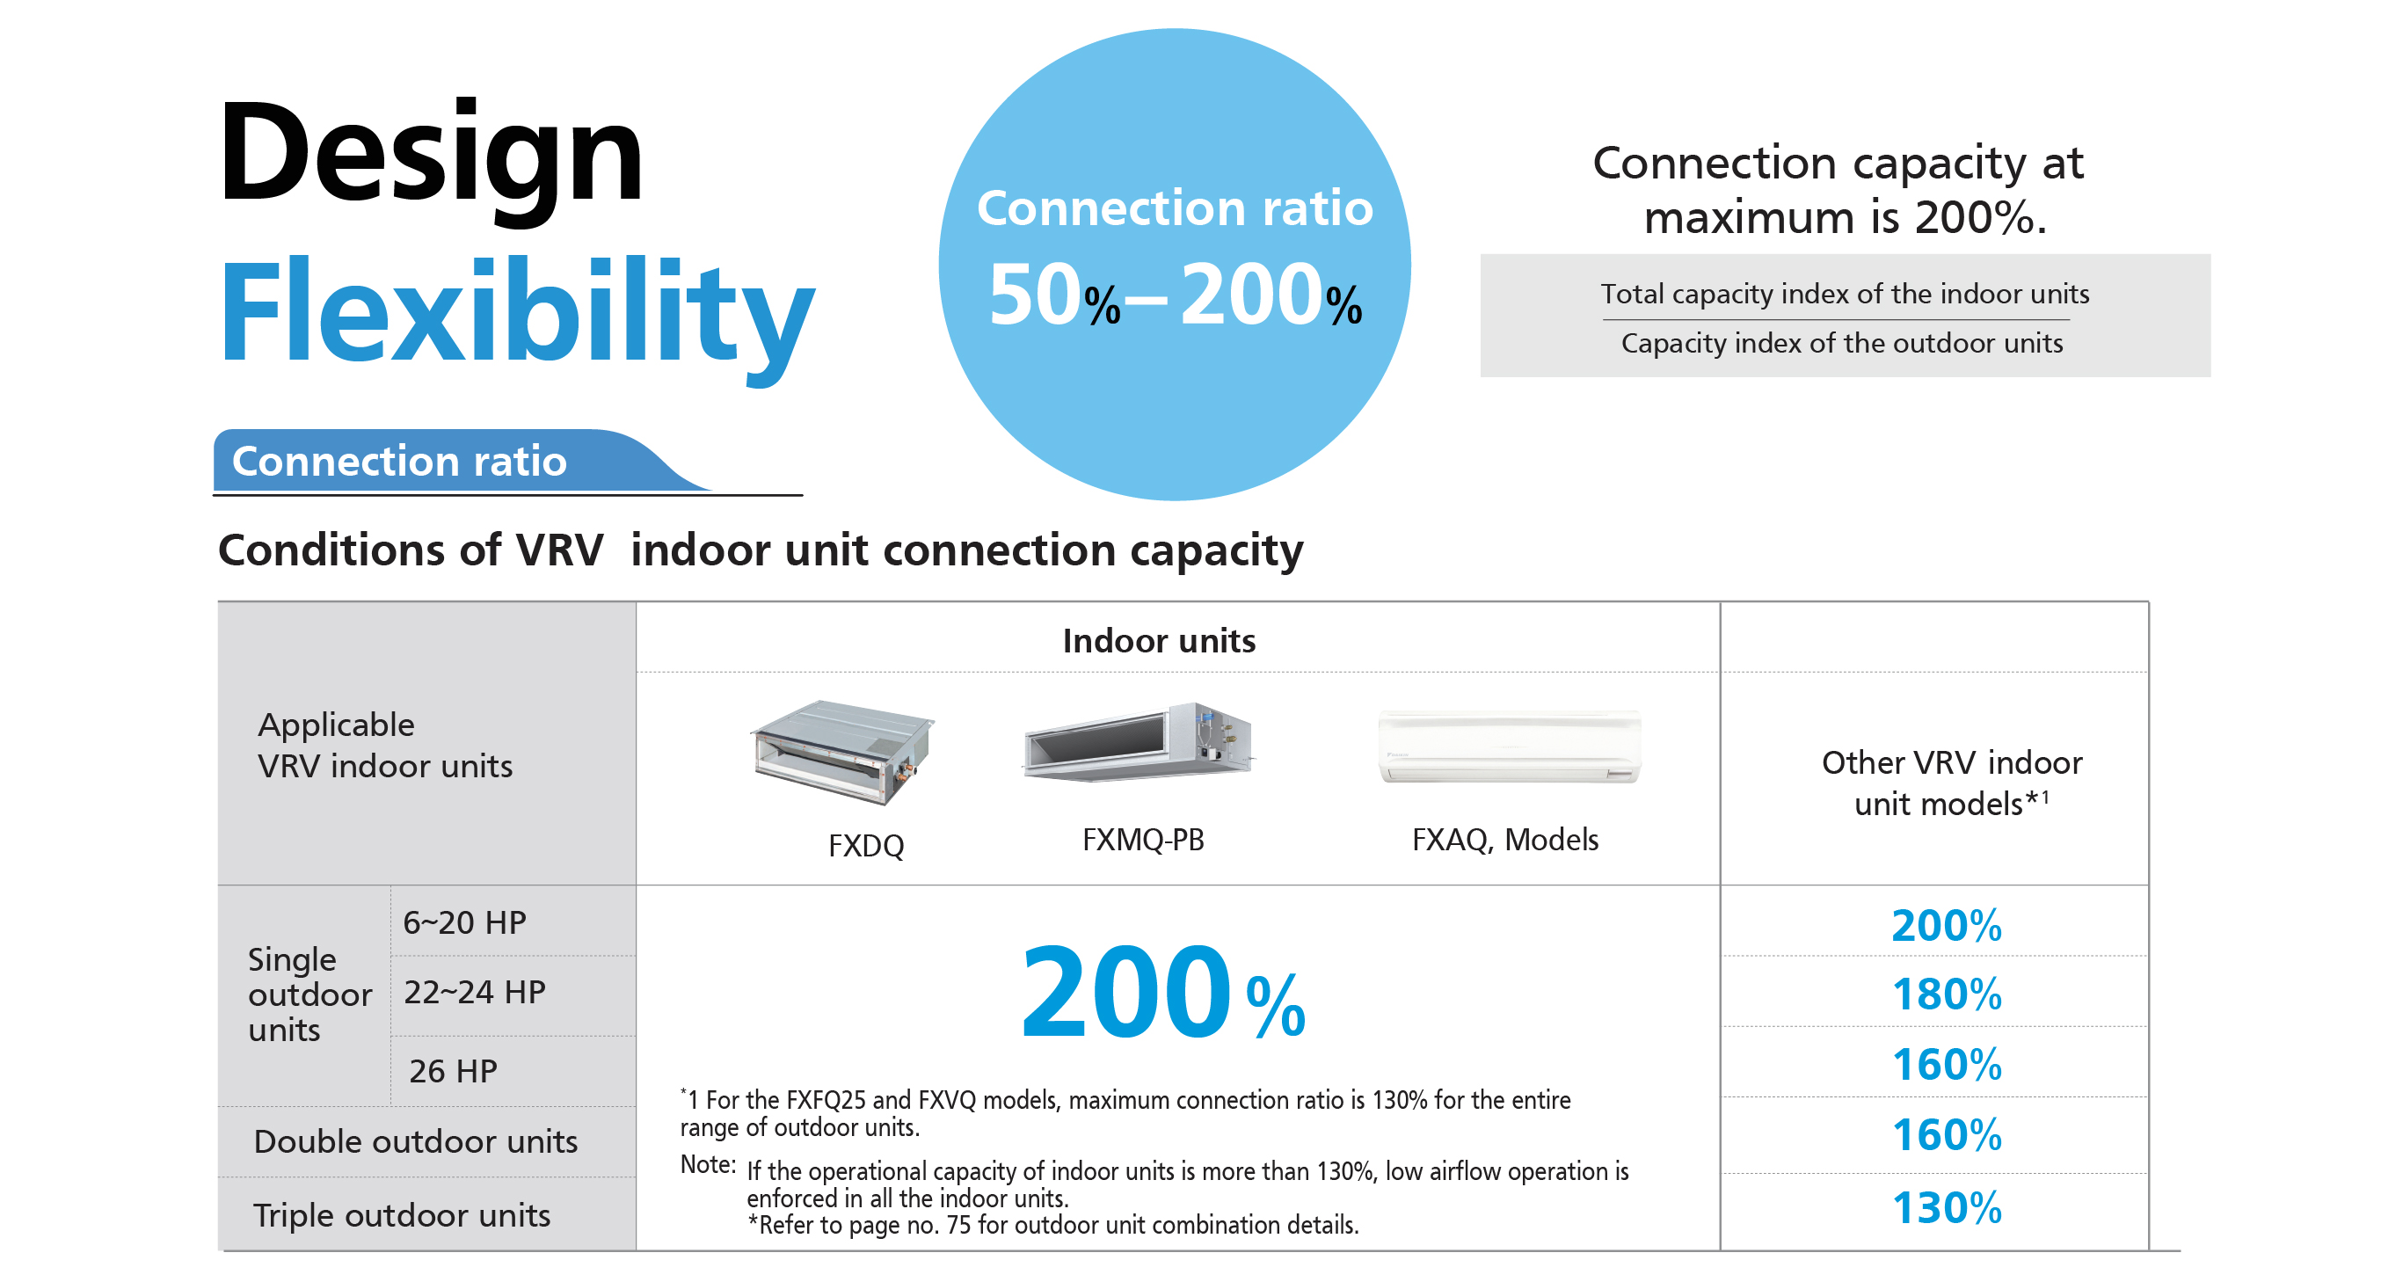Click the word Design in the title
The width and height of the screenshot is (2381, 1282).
pyautogui.click(x=431, y=157)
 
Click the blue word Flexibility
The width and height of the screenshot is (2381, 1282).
pyautogui.click(x=518, y=317)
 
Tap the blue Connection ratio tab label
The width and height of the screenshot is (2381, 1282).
pyautogui.click(x=399, y=460)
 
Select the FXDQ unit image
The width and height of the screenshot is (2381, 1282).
pyautogui.click(x=842, y=752)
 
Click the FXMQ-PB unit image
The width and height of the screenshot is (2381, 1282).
pyautogui.click(x=1138, y=742)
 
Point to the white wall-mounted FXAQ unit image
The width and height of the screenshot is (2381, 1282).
pyautogui.click(x=1510, y=747)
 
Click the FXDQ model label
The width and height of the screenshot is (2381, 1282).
pyautogui.click(x=866, y=846)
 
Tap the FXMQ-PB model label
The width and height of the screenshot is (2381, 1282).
pyautogui.click(x=1143, y=839)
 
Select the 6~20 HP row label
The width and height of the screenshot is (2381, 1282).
pyautogui.click(x=465, y=922)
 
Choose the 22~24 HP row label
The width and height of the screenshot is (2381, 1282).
pyautogui.click(x=475, y=992)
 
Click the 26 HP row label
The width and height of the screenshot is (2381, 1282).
pyautogui.click(x=453, y=1070)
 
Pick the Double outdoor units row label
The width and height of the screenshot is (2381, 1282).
pyautogui.click(x=416, y=1141)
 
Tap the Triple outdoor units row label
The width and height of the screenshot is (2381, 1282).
pyautogui.click(x=402, y=1214)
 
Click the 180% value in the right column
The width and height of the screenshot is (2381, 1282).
pyautogui.click(x=1947, y=994)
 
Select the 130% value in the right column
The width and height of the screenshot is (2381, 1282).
pyautogui.click(x=1947, y=1208)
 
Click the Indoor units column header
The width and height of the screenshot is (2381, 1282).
pyautogui.click(x=1159, y=640)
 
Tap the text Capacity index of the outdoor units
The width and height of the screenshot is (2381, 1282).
pyautogui.click(x=1842, y=343)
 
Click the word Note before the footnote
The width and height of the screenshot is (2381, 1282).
pyautogui.click(x=707, y=1163)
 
